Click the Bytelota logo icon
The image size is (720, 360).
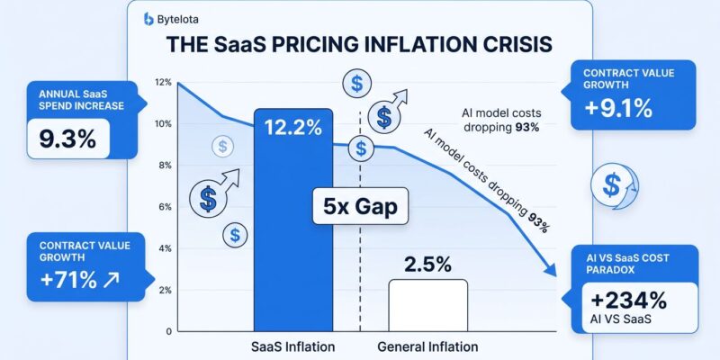point(148,18)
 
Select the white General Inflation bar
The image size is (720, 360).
point(427,306)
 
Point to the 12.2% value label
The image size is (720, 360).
point(293,128)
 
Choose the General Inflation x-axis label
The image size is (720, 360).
point(427,346)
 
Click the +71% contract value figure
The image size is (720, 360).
point(67,279)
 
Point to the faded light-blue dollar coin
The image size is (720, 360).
point(220,147)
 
